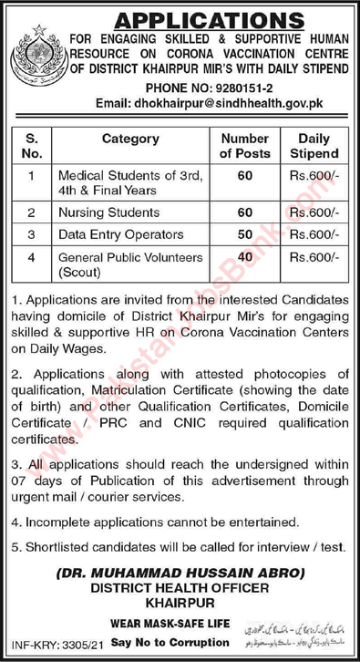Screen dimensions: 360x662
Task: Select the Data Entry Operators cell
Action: (x=118, y=233)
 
